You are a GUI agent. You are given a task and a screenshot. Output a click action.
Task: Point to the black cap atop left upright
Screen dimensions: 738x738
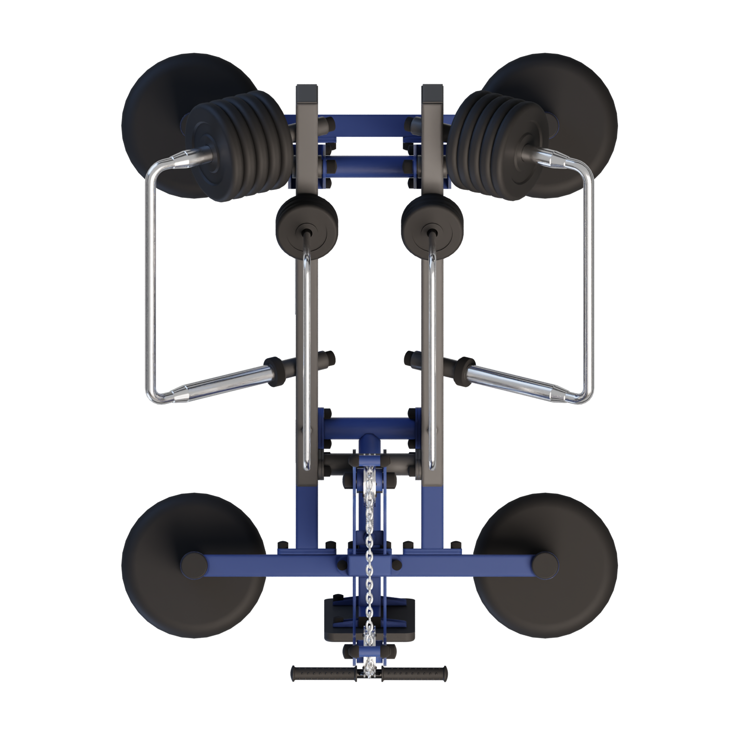[306, 92]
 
